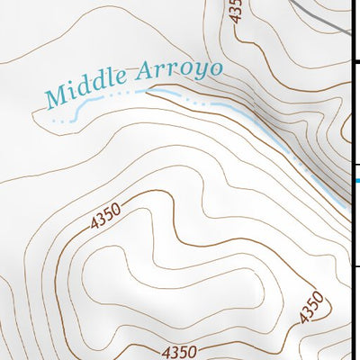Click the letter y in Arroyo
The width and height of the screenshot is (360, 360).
pyautogui.click(x=198, y=73)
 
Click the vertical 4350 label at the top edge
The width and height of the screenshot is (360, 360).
pyautogui.click(x=235, y=11)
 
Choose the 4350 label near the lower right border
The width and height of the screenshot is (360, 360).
pyautogui.click(x=310, y=308)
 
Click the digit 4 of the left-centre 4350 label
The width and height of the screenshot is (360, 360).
pyautogui.click(x=94, y=226)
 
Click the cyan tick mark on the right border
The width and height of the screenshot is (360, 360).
pyautogui.click(x=356, y=181)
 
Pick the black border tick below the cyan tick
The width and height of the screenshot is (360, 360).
pyautogui.click(x=356, y=266)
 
